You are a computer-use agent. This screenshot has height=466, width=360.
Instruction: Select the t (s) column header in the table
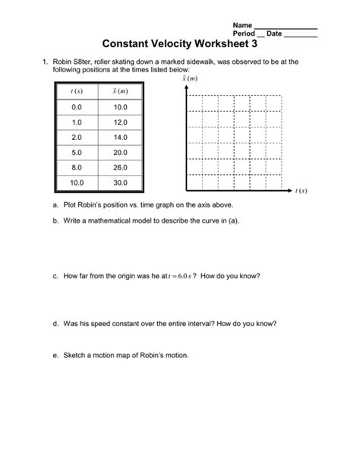coord(77,91)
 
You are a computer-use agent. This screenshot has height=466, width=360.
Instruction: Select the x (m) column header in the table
coord(120,91)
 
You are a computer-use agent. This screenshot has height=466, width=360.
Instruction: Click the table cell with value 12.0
coord(120,122)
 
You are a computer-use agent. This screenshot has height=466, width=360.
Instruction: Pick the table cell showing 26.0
coord(120,167)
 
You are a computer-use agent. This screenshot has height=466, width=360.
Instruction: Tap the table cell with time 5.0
coord(77,152)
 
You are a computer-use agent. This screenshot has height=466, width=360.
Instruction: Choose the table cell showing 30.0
coord(120,182)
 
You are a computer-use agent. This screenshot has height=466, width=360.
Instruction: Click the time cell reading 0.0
coord(77,107)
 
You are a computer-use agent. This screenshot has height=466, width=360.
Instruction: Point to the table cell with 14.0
coord(120,137)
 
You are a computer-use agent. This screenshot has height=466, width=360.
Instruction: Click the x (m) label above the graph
coord(188,78)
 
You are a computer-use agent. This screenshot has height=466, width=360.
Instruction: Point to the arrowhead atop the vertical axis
coord(184,89)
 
